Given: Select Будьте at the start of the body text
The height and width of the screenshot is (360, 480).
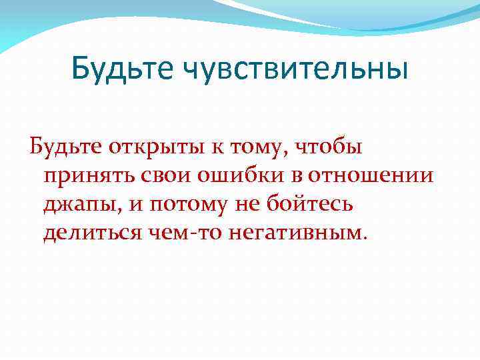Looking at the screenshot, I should click(63, 146).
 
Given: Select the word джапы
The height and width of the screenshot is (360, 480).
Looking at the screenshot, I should click(81, 205).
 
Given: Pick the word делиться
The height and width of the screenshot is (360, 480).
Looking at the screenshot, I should click(94, 233).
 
